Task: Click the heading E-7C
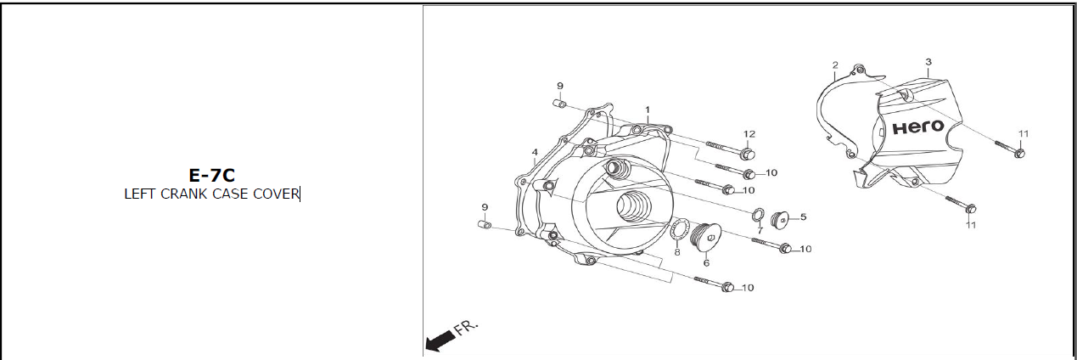pos(211,176)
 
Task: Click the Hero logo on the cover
pos(917,127)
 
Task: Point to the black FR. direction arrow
pos(437,341)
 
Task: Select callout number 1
pos(647,110)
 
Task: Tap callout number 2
pos(835,65)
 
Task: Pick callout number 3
pos(928,62)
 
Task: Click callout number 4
pos(535,153)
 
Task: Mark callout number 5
pos(803,217)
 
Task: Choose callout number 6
pos(706,263)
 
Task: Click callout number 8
pos(676,252)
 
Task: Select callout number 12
pos(749,134)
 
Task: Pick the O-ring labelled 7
pos(757,213)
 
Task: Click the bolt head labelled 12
pos(748,154)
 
